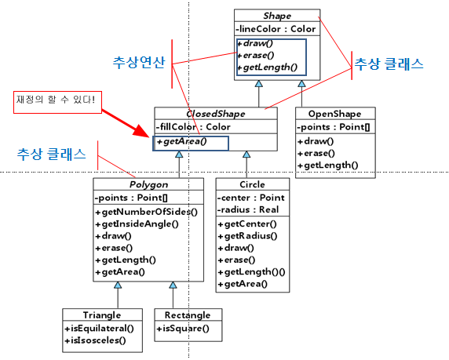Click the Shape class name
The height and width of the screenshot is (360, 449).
coord(277,16)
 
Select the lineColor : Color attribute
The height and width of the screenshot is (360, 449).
coord(276,29)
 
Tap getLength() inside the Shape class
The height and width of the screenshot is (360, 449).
coord(268,67)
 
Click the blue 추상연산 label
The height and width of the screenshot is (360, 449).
coord(139,63)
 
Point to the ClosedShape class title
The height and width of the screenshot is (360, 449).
coord(216,114)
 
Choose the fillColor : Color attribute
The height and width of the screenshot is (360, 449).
coord(193,127)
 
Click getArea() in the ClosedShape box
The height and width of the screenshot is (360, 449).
coord(181,142)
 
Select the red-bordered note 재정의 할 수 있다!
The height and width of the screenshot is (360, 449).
coord(57,102)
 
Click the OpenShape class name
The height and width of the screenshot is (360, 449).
coord(334,114)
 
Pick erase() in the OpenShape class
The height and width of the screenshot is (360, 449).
coord(316,154)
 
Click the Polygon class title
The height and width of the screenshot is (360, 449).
coord(148,184)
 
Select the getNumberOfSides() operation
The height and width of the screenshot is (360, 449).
coord(146,212)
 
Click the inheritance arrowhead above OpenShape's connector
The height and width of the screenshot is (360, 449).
coord(301,84)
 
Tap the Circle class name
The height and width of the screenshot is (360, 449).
coord(252,184)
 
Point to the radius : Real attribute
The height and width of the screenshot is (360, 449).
coord(248,209)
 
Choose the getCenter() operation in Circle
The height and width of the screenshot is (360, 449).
coord(247,224)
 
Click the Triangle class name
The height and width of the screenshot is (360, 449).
coord(102,315)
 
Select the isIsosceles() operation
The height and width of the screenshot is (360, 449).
coord(95,340)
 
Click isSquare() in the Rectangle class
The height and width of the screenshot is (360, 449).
coord(183,329)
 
